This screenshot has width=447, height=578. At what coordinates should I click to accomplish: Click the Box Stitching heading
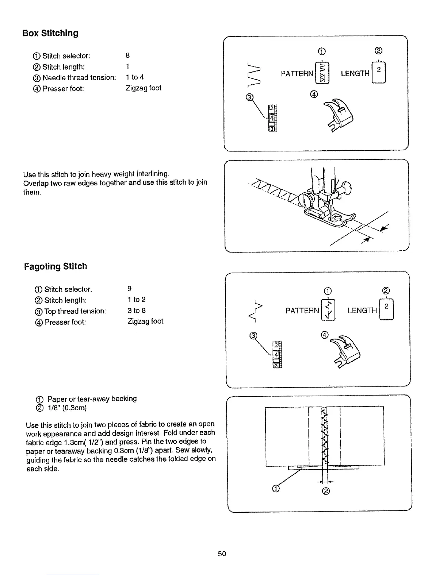[50, 33]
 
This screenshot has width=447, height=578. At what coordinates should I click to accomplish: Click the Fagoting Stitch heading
[56, 266]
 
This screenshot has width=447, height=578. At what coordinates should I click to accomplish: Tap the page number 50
[222, 554]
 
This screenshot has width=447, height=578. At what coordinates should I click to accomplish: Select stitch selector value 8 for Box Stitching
[127, 55]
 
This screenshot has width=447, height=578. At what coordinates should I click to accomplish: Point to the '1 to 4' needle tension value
[134, 77]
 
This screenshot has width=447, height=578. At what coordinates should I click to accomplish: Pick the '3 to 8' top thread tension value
[137, 311]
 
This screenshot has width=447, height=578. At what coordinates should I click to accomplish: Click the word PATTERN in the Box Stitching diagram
[297, 74]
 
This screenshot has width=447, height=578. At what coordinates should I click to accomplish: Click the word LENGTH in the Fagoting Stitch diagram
[362, 311]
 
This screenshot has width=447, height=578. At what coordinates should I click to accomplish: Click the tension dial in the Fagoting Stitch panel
[277, 354]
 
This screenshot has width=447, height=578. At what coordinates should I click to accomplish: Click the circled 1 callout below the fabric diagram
[276, 489]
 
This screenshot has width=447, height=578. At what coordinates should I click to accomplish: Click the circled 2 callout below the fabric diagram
[326, 491]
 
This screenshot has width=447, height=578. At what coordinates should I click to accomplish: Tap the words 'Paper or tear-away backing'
[92, 398]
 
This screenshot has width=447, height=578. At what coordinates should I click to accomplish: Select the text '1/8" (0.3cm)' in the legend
[67, 408]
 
